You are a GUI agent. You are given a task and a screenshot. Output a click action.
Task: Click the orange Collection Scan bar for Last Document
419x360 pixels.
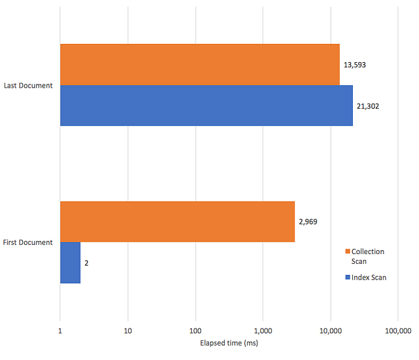click(200, 64)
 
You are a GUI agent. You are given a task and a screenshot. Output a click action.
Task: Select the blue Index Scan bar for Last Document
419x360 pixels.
click(206, 105)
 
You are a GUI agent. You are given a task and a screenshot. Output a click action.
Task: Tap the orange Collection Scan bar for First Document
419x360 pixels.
click(177, 222)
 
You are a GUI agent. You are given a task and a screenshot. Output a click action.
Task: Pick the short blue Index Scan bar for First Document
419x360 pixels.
click(70, 262)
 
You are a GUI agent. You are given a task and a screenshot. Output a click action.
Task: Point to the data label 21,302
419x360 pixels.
click(370, 105)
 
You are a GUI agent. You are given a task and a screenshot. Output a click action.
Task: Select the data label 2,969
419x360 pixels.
click(308, 222)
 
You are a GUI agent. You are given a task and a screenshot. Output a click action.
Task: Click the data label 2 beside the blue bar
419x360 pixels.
click(86, 262)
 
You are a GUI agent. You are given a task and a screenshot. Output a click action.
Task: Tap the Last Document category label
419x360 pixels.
click(28, 85)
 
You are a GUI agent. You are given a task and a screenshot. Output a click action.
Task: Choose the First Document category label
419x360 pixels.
click(28, 242)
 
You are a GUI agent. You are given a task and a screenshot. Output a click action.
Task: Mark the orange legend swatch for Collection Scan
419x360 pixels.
click(348, 252)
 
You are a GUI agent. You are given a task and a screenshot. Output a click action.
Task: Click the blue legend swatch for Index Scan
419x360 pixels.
click(348, 278)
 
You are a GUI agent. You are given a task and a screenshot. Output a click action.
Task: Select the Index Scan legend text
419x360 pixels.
click(369, 278)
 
